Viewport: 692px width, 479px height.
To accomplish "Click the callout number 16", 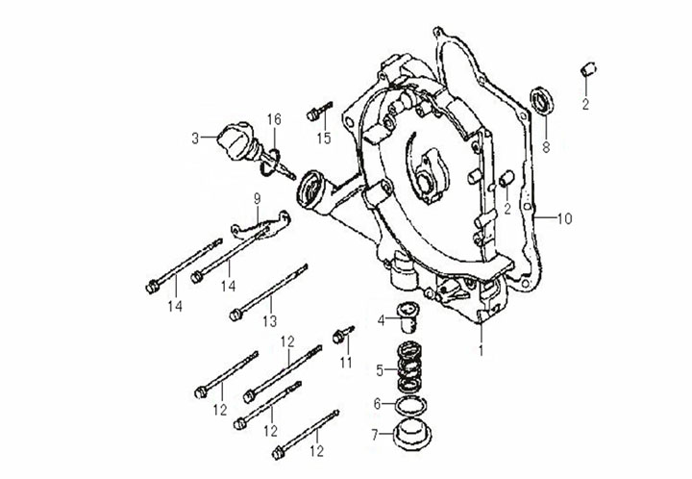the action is point(274,119).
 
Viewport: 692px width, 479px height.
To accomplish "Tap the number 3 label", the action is point(195,139).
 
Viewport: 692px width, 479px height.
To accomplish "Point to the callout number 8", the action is point(546,147).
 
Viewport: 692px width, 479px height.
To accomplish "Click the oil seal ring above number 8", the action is point(543,101).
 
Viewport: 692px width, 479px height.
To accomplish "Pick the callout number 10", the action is point(564,218).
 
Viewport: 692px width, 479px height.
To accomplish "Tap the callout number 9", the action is point(257,198).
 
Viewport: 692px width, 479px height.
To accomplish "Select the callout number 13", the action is point(270,321).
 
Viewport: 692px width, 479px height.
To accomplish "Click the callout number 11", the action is point(346,363).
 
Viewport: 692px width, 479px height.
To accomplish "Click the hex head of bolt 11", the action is point(338,338).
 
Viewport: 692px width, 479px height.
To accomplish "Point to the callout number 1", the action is point(482,350).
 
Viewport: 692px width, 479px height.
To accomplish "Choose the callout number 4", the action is point(381,320).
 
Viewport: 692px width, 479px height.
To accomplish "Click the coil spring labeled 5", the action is point(409,366).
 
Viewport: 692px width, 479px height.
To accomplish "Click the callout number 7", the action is point(375,436).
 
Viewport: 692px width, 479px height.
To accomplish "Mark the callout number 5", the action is point(380,370).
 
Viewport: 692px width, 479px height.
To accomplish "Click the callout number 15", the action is point(324,139).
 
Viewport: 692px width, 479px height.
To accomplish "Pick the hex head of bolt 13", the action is point(235,315).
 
